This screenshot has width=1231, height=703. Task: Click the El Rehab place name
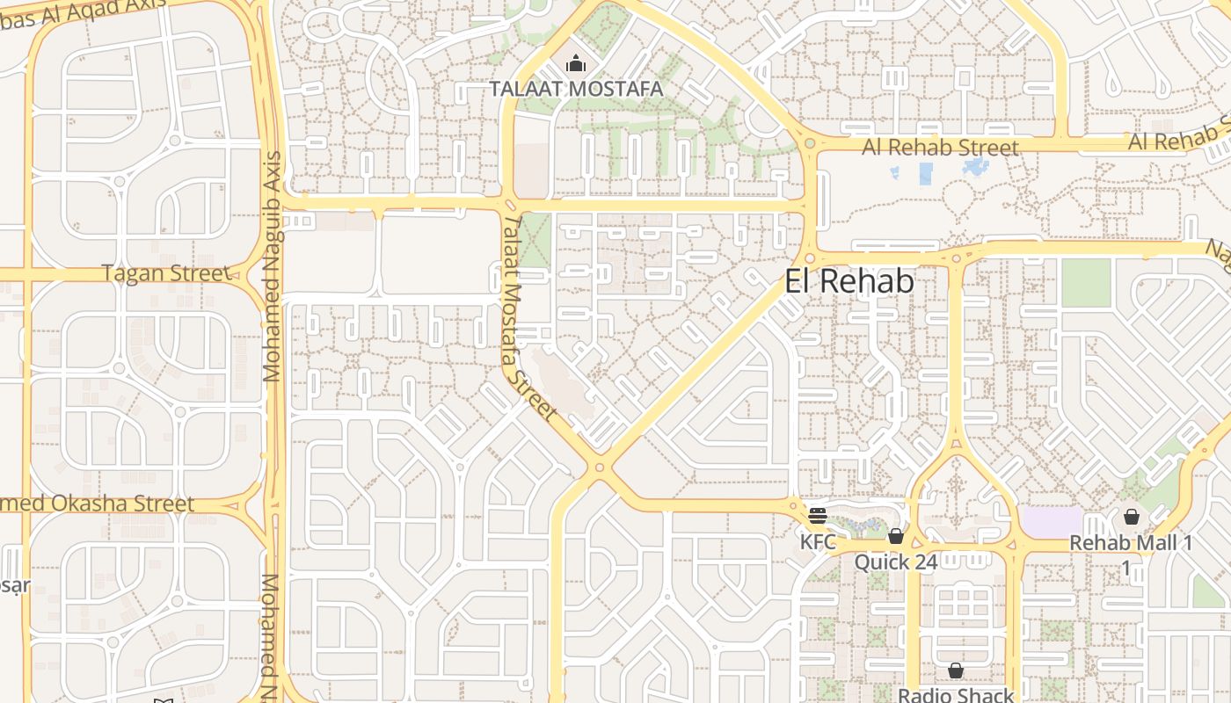tap(849, 281)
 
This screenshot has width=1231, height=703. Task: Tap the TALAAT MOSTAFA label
tap(576, 89)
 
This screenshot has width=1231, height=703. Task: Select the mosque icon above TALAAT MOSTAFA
tap(576, 63)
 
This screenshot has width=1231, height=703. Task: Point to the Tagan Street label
tap(165, 273)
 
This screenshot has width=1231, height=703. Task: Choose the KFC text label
tap(818, 541)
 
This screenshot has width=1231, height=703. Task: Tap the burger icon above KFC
tap(818, 515)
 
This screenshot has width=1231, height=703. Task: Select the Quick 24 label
tap(895, 562)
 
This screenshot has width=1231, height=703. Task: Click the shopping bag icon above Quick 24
tap(895, 535)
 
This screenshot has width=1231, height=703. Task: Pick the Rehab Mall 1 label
tap(1130, 543)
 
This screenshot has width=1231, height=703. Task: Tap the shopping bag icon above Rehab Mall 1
tap(1131, 517)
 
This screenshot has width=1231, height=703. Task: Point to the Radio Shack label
tap(955, 695)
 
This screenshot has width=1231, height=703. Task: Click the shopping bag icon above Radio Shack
tap(955, 670)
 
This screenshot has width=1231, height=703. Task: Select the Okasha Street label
tap(97, 504)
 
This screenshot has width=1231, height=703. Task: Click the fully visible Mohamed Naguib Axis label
tap(272, 266)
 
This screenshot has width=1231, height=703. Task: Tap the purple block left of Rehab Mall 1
tap(1050, 520)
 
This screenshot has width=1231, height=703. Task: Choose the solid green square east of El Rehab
tap(1086, 283)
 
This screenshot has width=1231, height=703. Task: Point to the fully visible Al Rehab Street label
tap(939, 147)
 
